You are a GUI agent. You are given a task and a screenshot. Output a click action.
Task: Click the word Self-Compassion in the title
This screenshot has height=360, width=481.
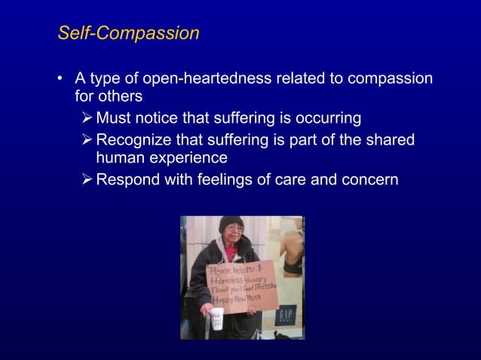[129, 34]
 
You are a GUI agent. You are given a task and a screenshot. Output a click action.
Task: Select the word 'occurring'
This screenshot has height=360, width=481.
[329, 118]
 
